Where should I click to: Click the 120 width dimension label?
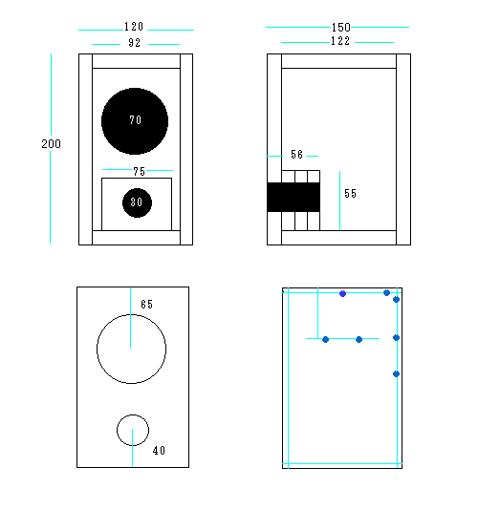[134, 27]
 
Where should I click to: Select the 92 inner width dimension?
[135, 43]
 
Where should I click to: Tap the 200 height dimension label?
[51, 144]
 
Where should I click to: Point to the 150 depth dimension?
[340, 28]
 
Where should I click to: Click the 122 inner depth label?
[340, 41]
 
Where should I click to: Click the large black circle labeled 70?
[135, 121]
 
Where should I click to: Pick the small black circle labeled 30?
[137, 202]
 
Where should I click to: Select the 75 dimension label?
[139, 171]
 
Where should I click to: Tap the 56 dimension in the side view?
[297, 155]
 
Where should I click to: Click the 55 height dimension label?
[351, 194]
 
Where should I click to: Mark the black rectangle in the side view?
[293, 197]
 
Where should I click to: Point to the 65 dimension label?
[147, 304]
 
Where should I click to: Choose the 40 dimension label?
[160, 451]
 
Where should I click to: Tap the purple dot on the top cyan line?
[342, 294]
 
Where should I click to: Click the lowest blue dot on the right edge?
[396, 374]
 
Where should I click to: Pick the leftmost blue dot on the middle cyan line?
[325, 340]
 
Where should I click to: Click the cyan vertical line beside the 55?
[339, 201]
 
